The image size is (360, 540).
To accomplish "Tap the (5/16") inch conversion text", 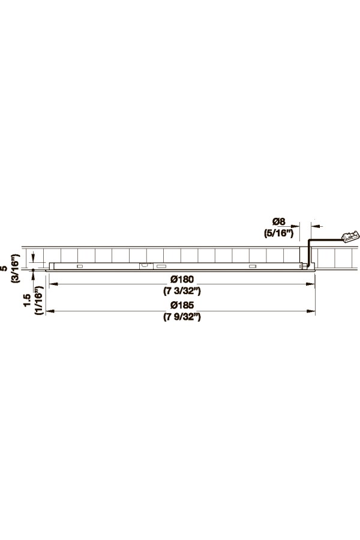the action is coord(278,233).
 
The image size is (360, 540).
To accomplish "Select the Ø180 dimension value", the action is coord(182,279).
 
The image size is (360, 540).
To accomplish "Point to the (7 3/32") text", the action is coord(182,291).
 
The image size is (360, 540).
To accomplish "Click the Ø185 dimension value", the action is coord(182,305).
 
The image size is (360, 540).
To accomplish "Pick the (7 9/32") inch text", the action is coord(182,317).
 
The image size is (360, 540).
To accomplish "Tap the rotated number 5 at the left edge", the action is coord(4,268).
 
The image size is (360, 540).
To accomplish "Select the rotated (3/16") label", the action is coord(16,268).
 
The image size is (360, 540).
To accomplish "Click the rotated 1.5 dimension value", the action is coord(27,301).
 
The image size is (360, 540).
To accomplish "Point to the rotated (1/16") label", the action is coord(38,300).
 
